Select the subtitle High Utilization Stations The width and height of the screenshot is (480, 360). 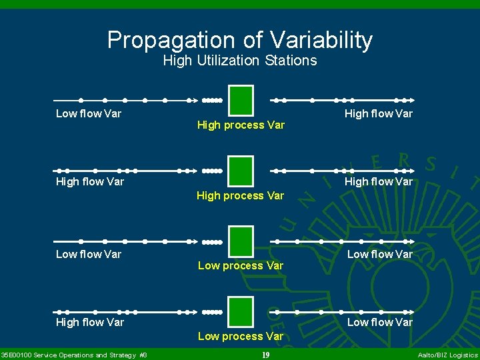(240, 61)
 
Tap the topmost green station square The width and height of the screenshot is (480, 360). (241, 101)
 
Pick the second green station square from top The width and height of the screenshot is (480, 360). (241, 171)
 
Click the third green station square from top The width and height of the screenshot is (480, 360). (241, 241)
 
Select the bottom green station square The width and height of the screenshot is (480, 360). (241, 312)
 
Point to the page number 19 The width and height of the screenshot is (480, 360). (265, 355)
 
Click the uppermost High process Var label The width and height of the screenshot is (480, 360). (241, 125)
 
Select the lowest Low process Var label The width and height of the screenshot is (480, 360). (241, 337)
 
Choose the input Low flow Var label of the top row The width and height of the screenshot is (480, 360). (89, 114)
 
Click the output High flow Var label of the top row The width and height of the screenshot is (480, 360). (378, 114)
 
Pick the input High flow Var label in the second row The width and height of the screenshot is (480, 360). (90, 181)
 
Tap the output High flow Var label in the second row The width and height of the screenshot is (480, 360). (378, 181)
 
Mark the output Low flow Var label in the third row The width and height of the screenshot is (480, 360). (379, 254)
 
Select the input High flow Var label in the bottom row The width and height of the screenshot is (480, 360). (90, 323)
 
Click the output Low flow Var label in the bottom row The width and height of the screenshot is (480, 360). (379, 323)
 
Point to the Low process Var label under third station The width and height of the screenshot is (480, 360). (241, 266)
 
